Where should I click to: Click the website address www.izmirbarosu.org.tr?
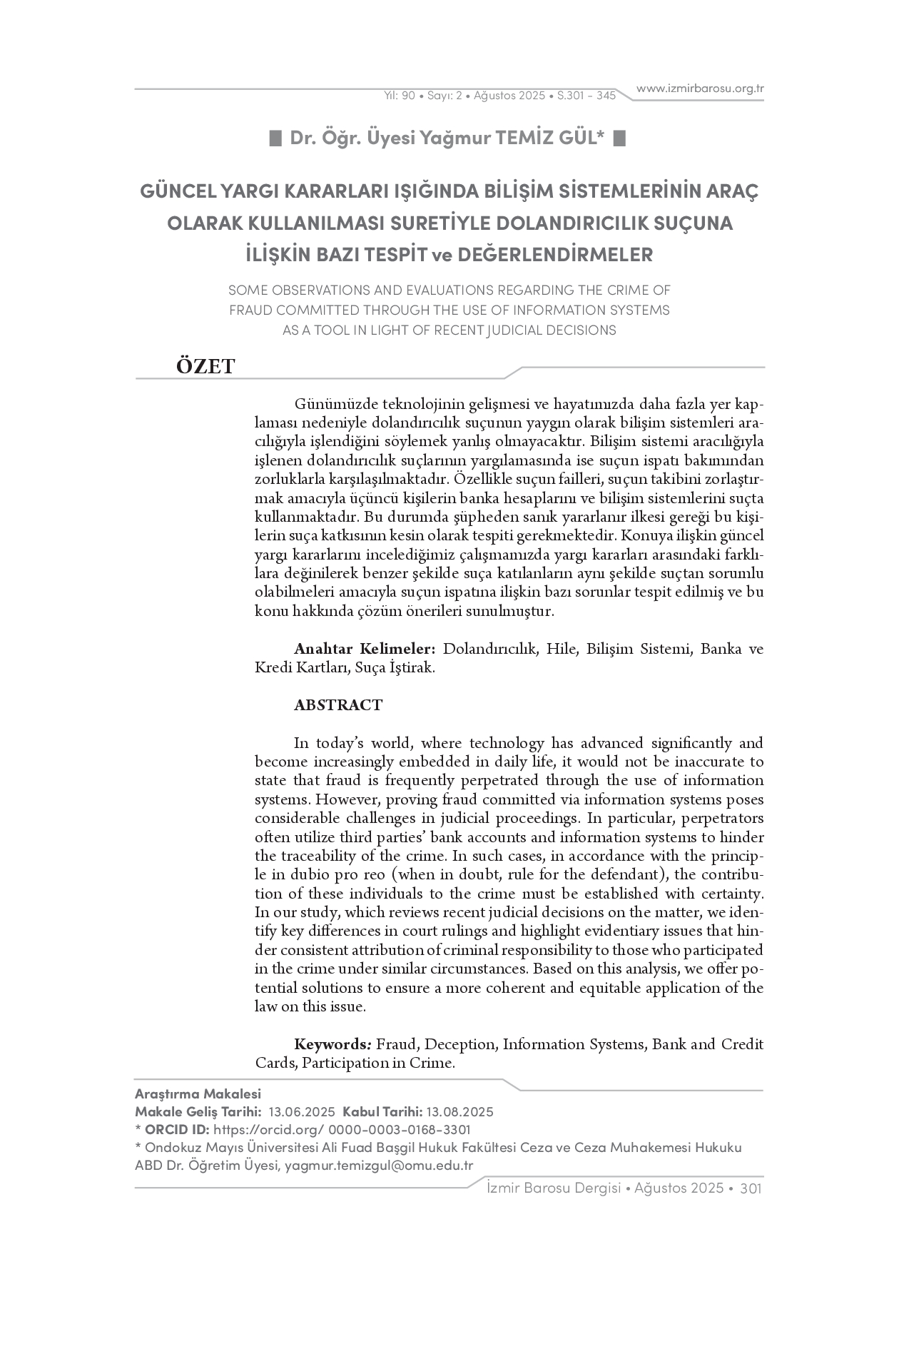coord(700,89)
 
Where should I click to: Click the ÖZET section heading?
coord(205,366)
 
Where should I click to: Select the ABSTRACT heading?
coord(338,705)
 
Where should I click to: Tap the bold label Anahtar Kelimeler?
coord(365,649)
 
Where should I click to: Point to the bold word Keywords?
coord(332,1044)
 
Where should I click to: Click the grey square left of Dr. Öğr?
coord(275,138)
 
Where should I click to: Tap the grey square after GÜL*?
coord(619,138)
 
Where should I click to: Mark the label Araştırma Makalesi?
coord(198,1094)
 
